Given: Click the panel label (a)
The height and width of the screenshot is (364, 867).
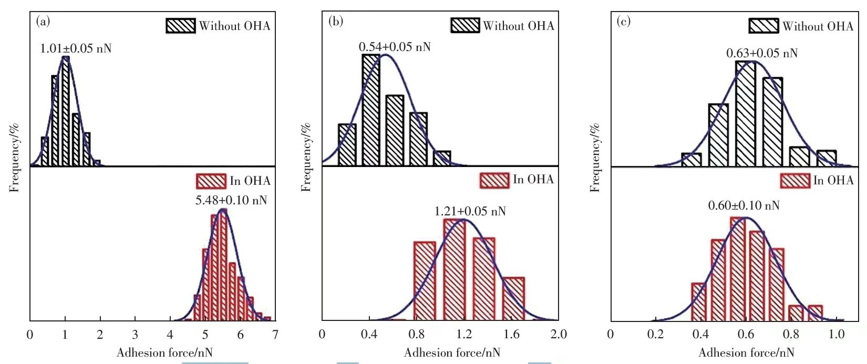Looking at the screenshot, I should point(43,22).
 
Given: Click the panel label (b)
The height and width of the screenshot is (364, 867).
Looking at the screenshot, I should point(335,22).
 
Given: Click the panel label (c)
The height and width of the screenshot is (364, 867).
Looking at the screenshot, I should point(623,22).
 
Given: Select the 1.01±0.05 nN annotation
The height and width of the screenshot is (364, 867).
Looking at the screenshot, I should point(76,49).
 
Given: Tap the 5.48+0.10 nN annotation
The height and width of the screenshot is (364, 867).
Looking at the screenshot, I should point(231,200).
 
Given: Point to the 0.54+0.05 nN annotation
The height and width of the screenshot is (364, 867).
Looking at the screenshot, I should point(395,47).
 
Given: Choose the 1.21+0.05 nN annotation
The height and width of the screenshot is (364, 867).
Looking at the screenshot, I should point(470,212).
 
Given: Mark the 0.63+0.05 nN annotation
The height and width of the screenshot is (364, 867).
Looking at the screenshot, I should point(762,54).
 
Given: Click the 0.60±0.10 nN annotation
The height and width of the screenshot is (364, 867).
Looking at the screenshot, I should point(744,205).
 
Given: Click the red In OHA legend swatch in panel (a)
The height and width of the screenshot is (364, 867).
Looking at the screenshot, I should point(211,181).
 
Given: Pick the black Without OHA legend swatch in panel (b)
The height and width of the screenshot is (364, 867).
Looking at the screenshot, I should point(465,25).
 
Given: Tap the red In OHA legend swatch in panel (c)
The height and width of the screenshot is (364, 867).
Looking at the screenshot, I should point(794,181).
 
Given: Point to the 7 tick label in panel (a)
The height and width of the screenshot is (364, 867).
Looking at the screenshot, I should point(275,335).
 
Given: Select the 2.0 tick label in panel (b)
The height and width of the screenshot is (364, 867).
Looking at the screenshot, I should point(558,334).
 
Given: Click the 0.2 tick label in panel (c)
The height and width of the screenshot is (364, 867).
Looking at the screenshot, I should point(655,334).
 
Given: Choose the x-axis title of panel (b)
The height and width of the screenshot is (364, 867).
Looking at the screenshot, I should point(452,352).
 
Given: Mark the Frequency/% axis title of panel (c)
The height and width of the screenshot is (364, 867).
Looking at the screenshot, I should point(595,158).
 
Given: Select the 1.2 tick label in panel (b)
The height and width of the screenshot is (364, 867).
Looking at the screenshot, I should point(464,334).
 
